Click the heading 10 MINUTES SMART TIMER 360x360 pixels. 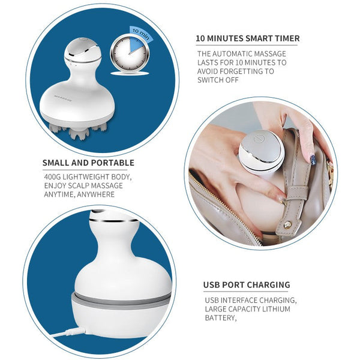coord(247,38)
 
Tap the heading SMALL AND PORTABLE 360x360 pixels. coord(88,163)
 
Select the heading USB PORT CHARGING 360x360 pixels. coord(247,284)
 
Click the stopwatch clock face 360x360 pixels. coord(130,54)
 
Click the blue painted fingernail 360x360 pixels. coord(313,160)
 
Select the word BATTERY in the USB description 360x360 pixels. coord(220,318)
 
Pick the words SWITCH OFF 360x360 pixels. coord(218,80)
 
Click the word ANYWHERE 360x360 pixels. coord(96,194)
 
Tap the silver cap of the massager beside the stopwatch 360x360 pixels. coord(83,49)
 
